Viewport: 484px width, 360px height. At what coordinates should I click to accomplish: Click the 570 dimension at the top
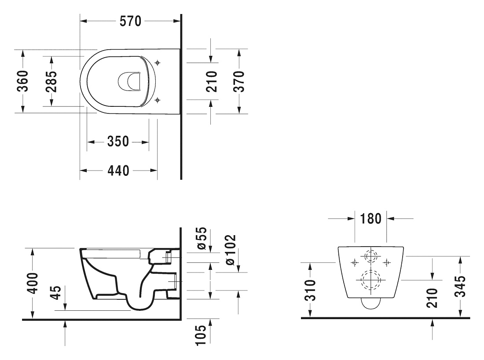[x=130, y=21]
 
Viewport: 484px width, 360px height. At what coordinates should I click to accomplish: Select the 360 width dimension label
[x=22, y=81]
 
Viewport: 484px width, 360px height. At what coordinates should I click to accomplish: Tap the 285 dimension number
[x=51, y=82]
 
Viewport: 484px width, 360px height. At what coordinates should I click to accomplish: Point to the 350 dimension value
[x=118, y=142]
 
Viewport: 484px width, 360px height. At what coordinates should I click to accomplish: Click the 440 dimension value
[x=118, y=170]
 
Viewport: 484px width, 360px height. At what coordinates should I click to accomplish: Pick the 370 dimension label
[x=239, y=81]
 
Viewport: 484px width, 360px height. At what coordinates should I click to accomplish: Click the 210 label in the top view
[x=212, y=81]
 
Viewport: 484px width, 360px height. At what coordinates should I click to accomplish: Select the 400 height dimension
[x=32, y=283]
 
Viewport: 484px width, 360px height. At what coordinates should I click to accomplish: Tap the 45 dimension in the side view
[x=56, y=292]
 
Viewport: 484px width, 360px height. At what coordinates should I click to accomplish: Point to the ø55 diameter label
[x=201, y=238]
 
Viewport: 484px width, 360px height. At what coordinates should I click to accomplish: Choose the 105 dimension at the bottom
[x=201, y=335]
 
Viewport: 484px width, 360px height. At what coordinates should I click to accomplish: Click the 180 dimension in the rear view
[x=371, y=219]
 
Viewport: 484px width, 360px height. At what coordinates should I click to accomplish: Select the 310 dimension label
[x=310, y=290]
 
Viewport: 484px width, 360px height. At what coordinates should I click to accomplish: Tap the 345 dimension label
[x=460, y=286]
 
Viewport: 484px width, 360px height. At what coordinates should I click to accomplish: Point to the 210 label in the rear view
[x=432, y=298]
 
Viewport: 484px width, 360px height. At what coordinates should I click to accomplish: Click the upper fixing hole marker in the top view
[x=158, y=63]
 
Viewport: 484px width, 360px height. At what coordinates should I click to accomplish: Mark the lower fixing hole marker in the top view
[x=158, y=100]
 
